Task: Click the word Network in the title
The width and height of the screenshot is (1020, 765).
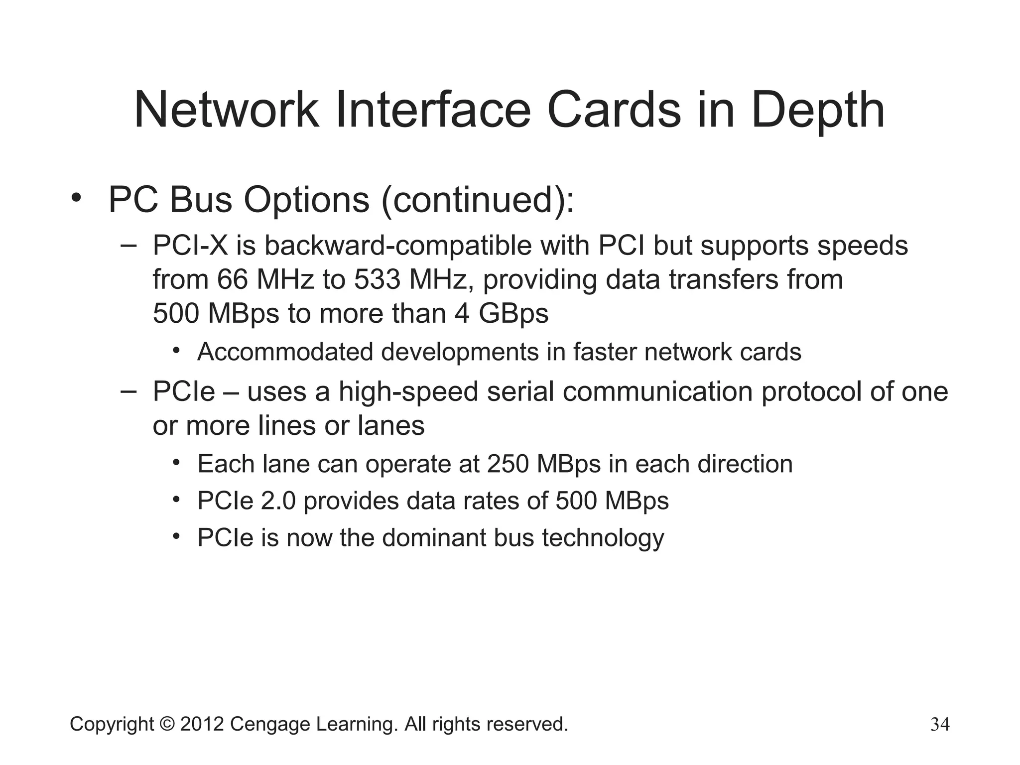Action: pyautogui.click(x=226, y=110)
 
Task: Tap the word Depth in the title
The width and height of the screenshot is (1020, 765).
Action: pyautogui.click(x=817, y=110)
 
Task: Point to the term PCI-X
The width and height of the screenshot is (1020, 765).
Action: pyautogui.click(x=189, y=246)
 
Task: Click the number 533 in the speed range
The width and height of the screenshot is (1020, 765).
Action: pyautogui.click(x=377, y=279)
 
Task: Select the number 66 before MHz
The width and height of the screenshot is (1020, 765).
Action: pyautogui.click(x=232, y=279)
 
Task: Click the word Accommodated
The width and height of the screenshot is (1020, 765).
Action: pyautogui.click(x=285, y=352)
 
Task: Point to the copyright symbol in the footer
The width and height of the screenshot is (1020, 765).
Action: pyautogui.click(x=167, y=724)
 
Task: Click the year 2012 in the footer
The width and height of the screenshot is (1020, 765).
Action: pyautogui.click(x=202, y=724)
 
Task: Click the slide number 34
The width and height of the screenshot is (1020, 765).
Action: pyautogui.click(x=940, y=724)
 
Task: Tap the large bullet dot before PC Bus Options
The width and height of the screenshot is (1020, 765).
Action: pyautogui.click(x=76, y=199)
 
